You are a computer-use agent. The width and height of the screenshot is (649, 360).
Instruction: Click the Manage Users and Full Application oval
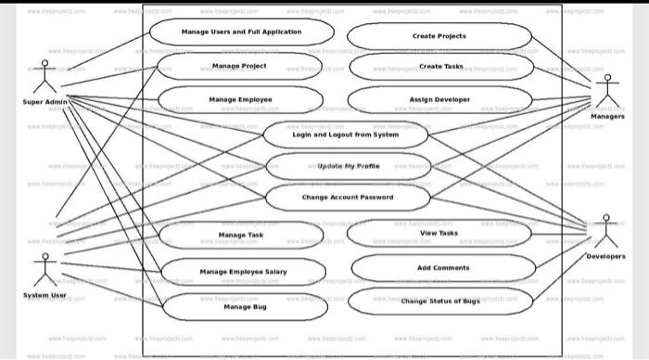241,32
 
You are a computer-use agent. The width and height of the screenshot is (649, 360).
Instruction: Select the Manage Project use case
239,67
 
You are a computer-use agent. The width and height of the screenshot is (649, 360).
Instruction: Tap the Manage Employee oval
240,99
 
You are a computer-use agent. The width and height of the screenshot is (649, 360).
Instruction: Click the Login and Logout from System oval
346,135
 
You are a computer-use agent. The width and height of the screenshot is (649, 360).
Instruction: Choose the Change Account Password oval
348,198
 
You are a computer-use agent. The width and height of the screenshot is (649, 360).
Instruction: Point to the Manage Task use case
241,235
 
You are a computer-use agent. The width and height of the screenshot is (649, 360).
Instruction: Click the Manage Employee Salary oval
243,271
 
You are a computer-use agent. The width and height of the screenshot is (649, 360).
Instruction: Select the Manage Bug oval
245,305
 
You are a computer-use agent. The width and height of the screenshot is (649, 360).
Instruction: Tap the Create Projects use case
439,36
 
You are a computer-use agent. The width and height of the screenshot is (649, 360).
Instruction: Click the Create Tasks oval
440,67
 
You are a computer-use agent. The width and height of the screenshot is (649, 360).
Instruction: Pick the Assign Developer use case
439,99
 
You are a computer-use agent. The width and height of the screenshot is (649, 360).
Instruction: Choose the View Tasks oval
439,233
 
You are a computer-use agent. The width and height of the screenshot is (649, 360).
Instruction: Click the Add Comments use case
443,267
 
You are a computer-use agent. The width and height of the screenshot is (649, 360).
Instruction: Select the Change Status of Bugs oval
440,302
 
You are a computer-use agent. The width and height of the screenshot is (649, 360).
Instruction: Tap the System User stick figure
42,269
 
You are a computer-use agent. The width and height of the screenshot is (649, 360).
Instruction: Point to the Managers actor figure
607,92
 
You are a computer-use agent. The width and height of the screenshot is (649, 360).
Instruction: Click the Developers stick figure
606,230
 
